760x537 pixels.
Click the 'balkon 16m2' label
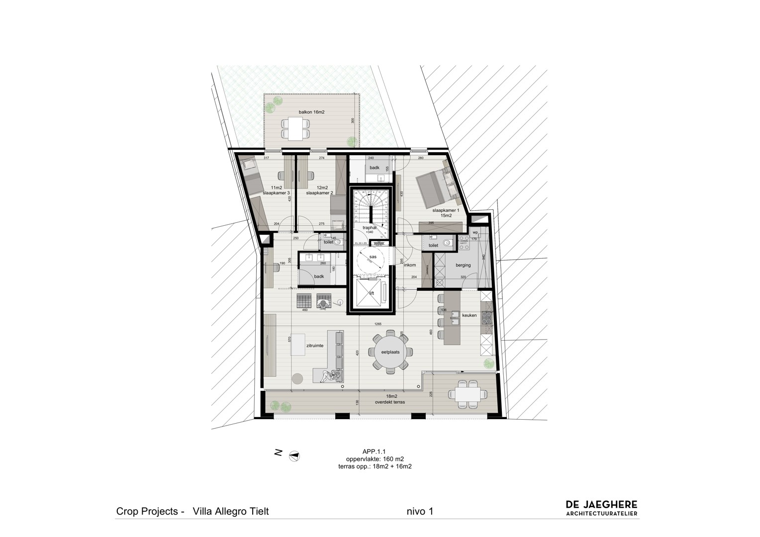pyautogui.click(x=311, y=112)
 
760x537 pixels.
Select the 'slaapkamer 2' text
pyautogui.click(x=319, y=192)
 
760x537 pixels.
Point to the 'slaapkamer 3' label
pyautogui.click(x=276, y=192)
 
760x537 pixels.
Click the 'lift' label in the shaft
pyautogui.click(x=371, y=293)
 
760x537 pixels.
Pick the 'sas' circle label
pyautogui.click(x=373, y=257)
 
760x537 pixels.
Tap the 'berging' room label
pyautogui.click(x=463, y=265)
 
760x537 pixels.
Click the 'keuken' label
pyautogui.click(x=469, y=315)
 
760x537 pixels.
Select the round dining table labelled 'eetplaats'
pyautogui.click(x=389, y=352)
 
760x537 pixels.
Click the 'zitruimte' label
pyautogui.click(x=315, y=345)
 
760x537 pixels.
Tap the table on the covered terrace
pyautogui.click(x=468, y=395)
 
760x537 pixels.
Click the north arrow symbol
pyautogui.click(x=294, y=455)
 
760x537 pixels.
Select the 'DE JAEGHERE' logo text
pyautogui.click(x=601, y=505)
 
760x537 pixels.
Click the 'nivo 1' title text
pyautogui.click(x=420, y=511)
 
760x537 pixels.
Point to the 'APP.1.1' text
pyautogui.click(x=375, y=451)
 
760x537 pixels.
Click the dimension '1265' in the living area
pyautogui.click(x=378, y=324)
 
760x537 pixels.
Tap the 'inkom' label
pyautogui.click(x=409, y=265)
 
